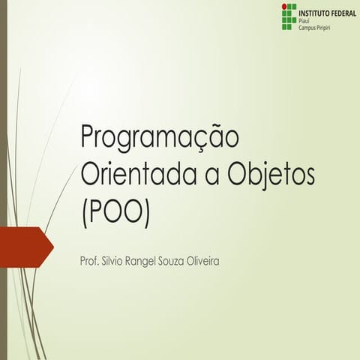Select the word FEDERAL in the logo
(343, 13)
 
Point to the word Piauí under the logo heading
(304, 21)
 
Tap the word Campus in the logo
(307, 28)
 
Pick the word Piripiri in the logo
(327, 28)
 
